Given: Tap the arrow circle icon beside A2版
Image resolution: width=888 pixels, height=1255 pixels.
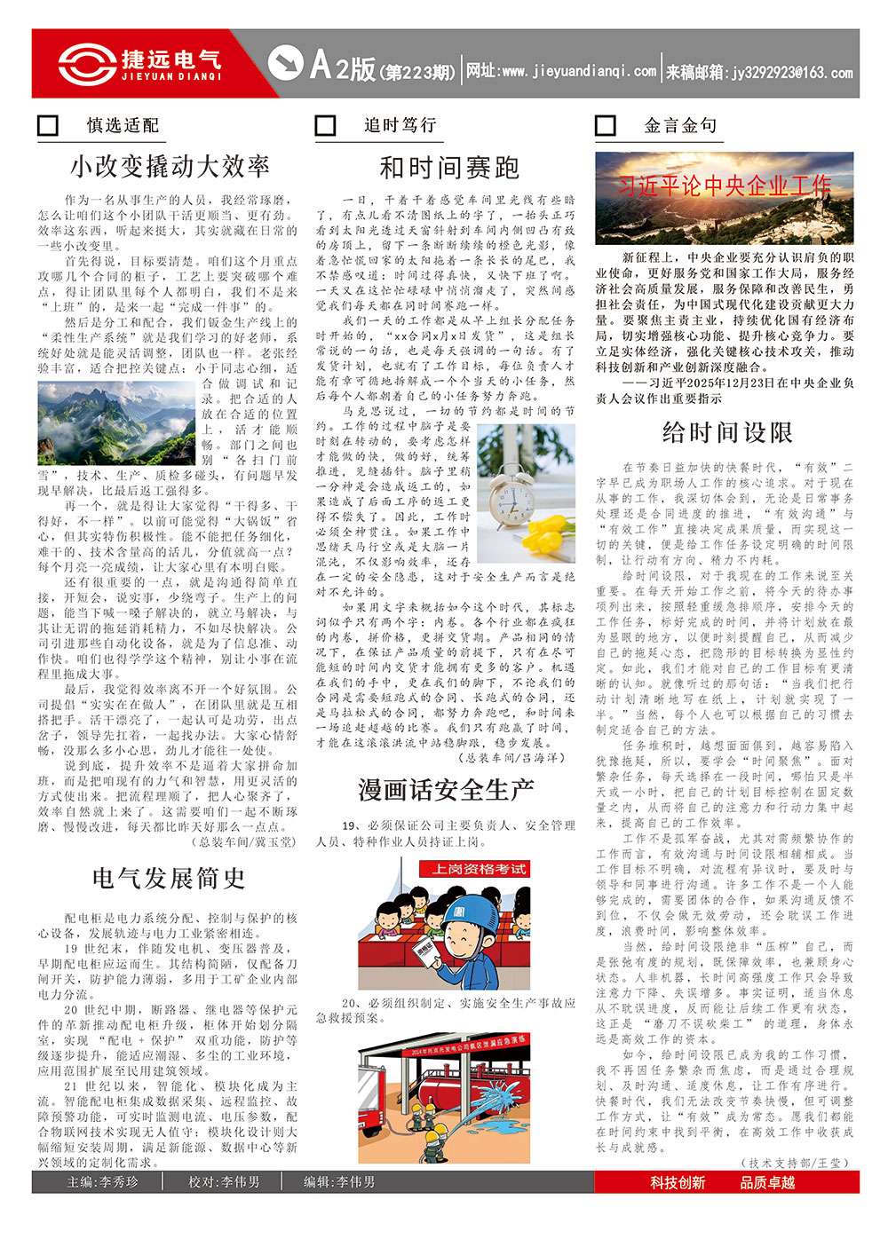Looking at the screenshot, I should click(285, 63).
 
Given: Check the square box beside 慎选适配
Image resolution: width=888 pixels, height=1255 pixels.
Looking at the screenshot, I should click(48, 125).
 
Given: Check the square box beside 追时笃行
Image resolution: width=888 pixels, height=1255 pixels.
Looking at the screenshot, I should click(325, 125).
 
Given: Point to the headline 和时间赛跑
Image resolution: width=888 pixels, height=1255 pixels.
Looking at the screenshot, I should click(448, 167).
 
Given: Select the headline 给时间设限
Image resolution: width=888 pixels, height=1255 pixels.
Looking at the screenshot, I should click(726, 432).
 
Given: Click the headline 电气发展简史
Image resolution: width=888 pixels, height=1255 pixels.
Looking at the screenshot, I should click(169, 878).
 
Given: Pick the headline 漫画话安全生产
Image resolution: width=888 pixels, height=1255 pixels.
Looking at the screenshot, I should click(446, 789).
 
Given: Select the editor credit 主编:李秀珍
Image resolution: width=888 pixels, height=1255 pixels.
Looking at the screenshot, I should click(103, 1182).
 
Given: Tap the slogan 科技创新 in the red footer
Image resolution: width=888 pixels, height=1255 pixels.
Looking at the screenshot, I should click(677, 1182).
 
